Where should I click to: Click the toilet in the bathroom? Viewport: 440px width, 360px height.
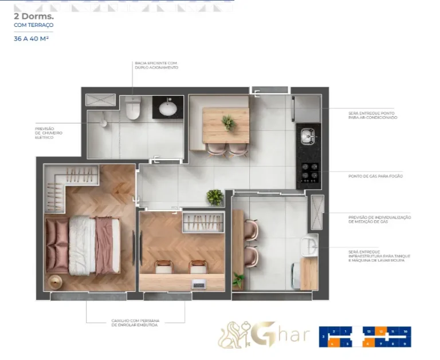point(133,108)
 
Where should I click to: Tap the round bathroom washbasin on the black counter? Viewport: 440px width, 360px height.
point(168,108)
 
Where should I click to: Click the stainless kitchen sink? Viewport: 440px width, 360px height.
point(308,136)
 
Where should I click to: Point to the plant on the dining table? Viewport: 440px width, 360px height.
point(228,122)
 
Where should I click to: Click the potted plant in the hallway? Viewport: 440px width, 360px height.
point(215,197)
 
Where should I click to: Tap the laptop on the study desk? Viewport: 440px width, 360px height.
point(199,284)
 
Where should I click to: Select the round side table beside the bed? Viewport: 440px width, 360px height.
point(55,282)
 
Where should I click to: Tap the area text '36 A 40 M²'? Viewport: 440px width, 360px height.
point(31,39)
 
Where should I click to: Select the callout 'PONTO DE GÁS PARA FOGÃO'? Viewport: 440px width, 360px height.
point(375,176)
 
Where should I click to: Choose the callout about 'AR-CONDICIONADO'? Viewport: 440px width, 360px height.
point(372,116)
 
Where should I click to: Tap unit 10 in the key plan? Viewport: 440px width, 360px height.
point(404,331)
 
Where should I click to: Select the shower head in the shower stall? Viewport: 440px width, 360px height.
point(103,122)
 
